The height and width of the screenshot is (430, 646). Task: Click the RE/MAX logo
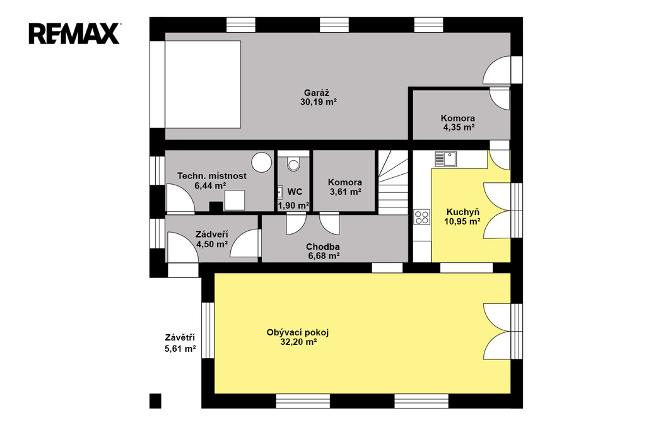pyautogui.click(x=74, y=33)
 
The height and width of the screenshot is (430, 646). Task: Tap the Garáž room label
pyautogui.click(x=317, y=93)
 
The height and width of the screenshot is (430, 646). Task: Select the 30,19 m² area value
pyautogui.click(x=319, y=102)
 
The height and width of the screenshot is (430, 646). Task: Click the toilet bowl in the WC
pyautogui.click(x=293, y=164)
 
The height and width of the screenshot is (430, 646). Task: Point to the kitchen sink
pyautogui.click(x=445, y=159)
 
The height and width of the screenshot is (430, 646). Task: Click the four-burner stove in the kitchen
pyautogui.click(x=422, y=217)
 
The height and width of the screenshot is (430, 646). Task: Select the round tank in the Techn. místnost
pyautogui.click(x=262, y=162)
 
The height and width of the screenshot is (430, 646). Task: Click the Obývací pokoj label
pyautogui.click(x=298, y=332)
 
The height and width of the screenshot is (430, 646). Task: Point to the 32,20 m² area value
pyautogui.click(x=298, y=342)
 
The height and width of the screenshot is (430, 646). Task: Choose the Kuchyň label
pyautogui.click(x=462, y=212)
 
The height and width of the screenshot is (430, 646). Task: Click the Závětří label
pyautogui.click(x=180, y=338)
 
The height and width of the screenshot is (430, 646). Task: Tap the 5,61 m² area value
pyautogui.click(x=180, y=349)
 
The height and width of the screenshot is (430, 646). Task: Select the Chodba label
pyautogui.click(x=322, y=247)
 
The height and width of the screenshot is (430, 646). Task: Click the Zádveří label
pyautogui.click(x=212, y=235)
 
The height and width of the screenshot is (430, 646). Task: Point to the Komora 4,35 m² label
pyautogui.click(x=458, y=123)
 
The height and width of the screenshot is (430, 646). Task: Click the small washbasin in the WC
pyautogui.click(x=279, y=192)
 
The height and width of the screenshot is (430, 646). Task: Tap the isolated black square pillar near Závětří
pyautogui.click(x=155, y=401)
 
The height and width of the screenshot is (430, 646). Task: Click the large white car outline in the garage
pyautogui.click(x=203, y=84)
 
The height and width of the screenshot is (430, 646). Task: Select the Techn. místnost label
pyautogui.click(x=212, y=176)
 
